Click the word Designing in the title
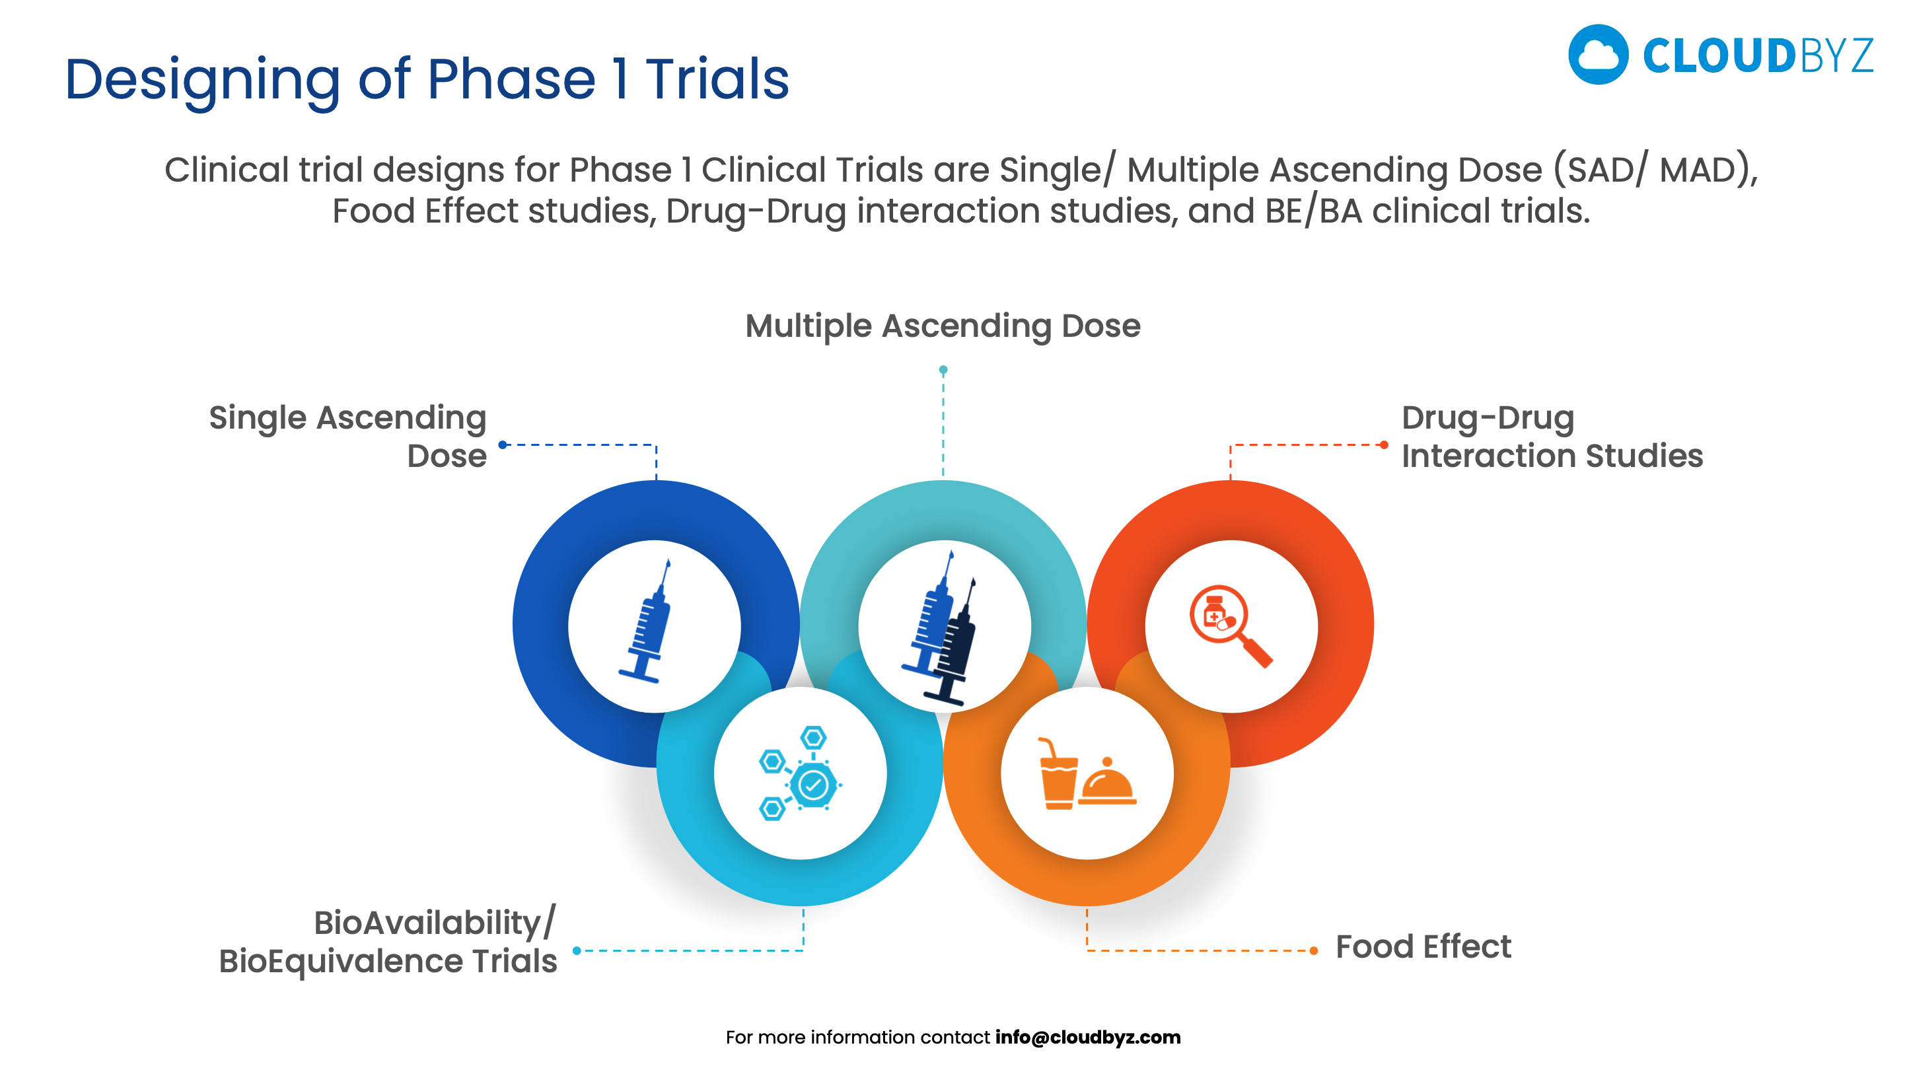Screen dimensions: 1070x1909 201,80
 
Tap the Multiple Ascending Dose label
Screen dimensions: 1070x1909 942,326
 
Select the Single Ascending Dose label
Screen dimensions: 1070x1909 348,437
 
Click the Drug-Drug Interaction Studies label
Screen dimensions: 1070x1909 1551,437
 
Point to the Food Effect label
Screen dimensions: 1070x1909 1422,946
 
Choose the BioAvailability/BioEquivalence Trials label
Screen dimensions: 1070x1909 388,942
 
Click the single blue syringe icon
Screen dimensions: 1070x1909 646,622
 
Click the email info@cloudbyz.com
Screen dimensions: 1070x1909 1087,1037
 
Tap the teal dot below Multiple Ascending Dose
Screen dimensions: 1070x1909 943,370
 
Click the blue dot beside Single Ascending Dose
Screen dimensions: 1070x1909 503,445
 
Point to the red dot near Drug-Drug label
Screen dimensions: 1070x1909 1384,445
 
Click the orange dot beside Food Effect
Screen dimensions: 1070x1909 1313,950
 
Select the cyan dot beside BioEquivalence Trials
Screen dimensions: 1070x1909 577,950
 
